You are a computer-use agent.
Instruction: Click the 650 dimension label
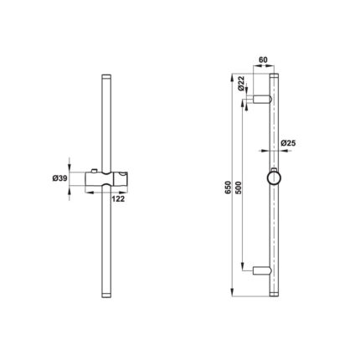pos(228,188)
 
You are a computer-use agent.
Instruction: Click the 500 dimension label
pos(239,188)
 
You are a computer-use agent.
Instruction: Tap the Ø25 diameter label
pos(288,143)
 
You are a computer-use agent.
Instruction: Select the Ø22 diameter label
pos(241,83)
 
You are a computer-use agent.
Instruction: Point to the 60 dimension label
pos(263,59)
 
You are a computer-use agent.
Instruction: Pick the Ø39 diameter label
pos(59,178)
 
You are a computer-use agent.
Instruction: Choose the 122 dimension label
pos(119,199)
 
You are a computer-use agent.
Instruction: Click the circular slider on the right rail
pos(274,178)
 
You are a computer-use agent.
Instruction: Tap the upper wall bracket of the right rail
pos(262,100)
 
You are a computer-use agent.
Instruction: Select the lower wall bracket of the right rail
pos(262,270)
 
